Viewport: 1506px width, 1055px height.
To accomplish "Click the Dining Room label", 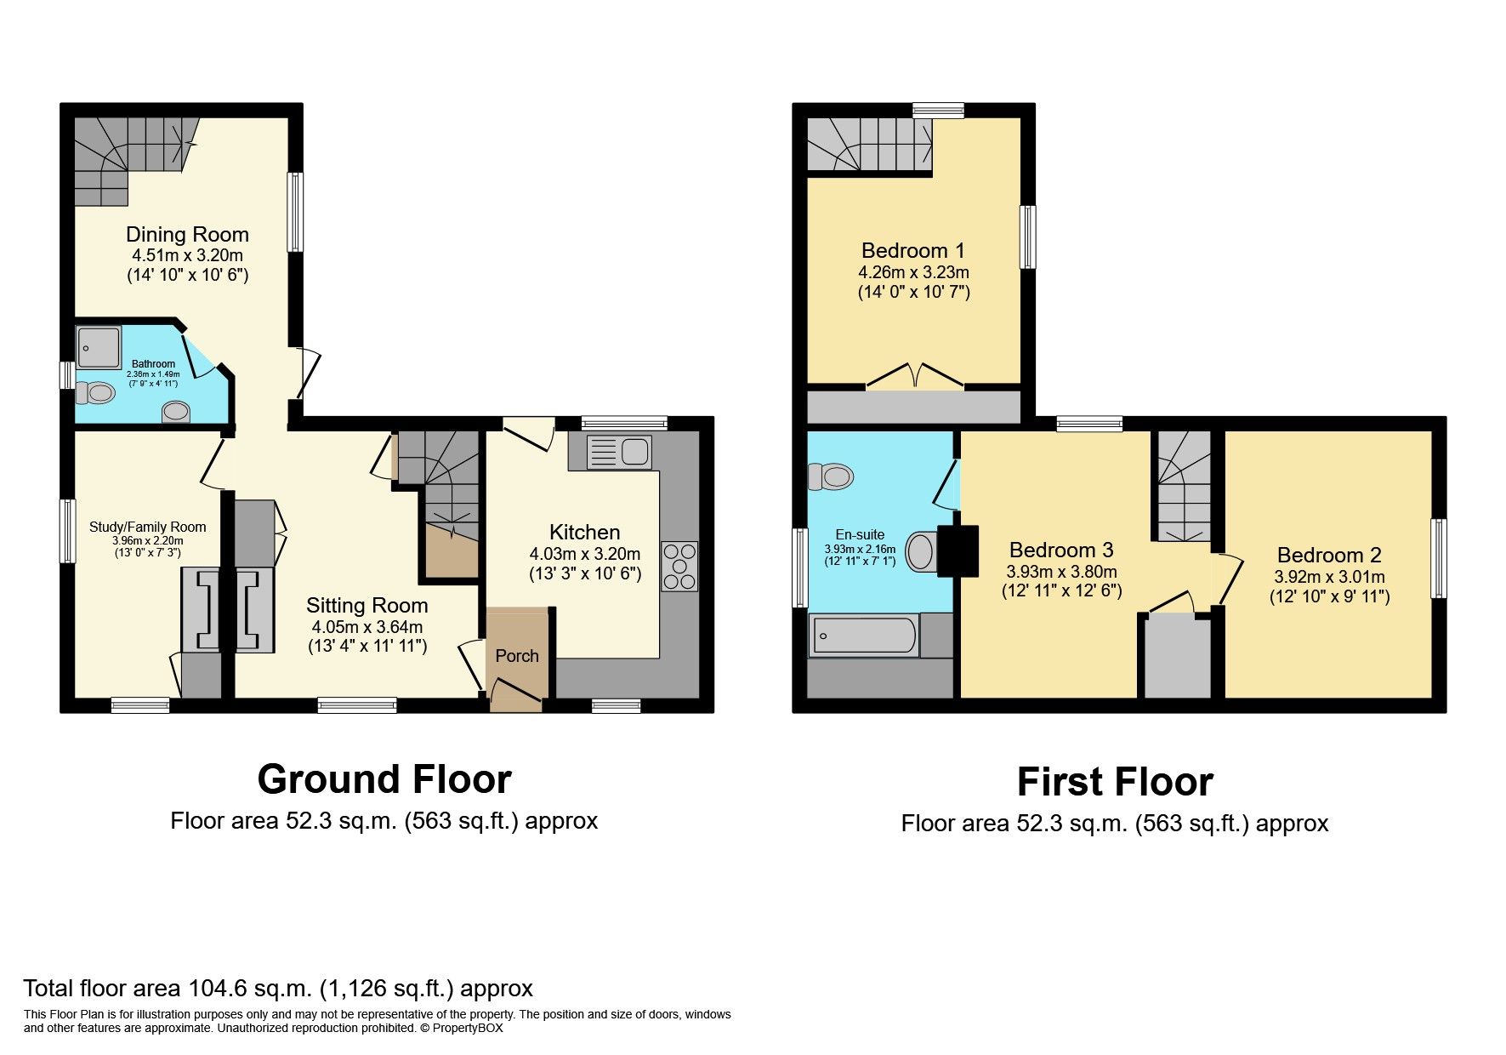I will (187, 235).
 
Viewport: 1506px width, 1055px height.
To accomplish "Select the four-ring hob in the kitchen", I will (679, 567).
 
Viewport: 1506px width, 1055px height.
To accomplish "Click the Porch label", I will (517, 656).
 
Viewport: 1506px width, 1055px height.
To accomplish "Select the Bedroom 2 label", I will (1329, 556).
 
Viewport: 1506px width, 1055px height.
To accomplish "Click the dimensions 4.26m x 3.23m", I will (914, 273).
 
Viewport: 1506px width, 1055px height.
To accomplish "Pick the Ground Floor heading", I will (384, 779).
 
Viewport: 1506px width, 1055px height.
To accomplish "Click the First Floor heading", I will (1115, 782).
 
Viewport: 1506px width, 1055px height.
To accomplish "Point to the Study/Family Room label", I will (148, 527).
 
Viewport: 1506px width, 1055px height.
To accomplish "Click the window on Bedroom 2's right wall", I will (1439, 558).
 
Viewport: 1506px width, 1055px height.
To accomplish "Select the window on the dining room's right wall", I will (295, 212).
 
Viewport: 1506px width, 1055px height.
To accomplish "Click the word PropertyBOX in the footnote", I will (468, 1028).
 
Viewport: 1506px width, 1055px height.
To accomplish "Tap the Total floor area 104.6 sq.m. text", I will (278, 989).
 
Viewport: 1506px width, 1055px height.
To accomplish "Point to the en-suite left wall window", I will (799, 567).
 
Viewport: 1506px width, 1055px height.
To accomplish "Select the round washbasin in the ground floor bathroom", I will (176, 412).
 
